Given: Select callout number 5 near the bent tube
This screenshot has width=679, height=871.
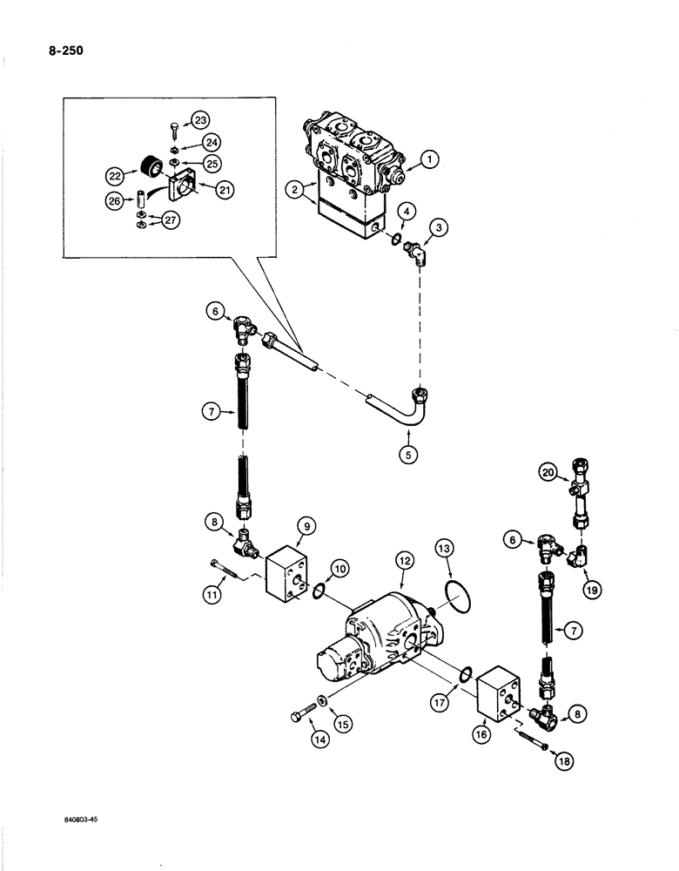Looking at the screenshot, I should click(406, 453).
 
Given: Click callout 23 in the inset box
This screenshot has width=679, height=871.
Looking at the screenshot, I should click(200, 119).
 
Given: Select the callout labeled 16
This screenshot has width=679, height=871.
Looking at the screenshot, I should click(482, 734).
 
